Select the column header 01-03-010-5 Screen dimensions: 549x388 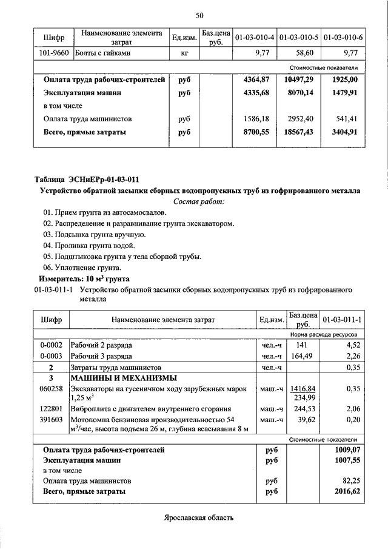[299, 38]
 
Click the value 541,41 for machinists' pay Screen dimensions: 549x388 [346, 119]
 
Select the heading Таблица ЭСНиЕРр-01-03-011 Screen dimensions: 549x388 [87, 180]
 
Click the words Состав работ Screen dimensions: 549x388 [199, 201]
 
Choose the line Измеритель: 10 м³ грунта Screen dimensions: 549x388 [84, 278]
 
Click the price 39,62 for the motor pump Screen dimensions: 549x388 [307, 420]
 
